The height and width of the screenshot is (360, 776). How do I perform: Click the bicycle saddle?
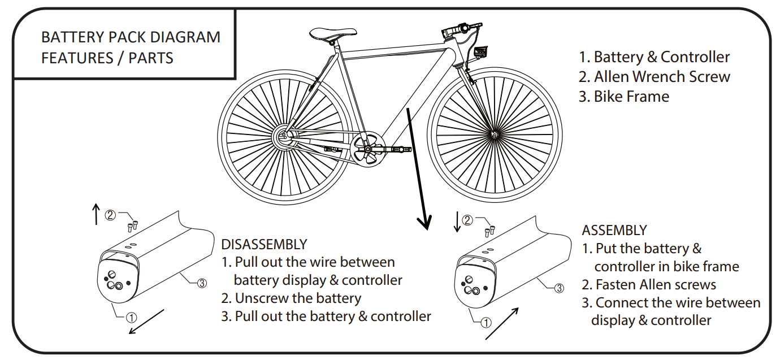click(x=327, y=33)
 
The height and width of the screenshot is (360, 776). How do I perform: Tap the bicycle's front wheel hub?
click(x=495, y=135)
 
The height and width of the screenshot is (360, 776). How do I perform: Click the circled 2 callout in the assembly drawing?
click(x=467, y=220)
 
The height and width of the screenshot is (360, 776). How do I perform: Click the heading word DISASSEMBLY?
click(x=264, y=244)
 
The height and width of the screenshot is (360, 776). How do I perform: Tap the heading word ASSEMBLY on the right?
click(x=614, y=231)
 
